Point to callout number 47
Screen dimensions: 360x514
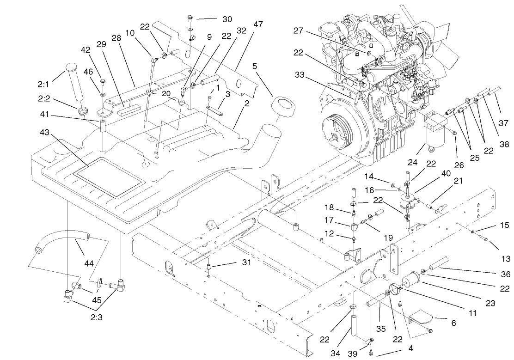[257, 24]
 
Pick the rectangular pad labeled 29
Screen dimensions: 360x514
[128, 111]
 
